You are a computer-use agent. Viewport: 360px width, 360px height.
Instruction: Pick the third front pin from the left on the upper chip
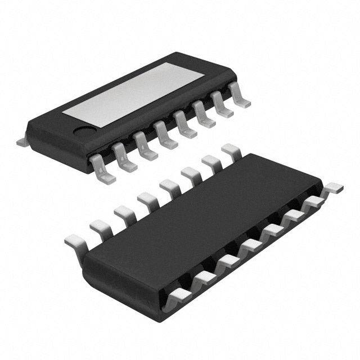point(145,148)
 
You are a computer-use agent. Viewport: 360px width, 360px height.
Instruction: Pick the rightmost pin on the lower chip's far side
point(231,151)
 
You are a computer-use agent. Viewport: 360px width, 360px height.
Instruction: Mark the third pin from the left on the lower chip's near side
point(226,262)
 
